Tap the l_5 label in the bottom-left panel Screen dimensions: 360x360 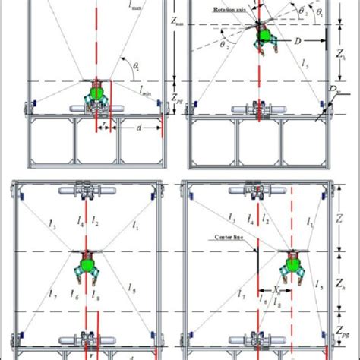[x=134, y=292]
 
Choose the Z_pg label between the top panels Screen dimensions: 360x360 [x=178, y=97]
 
